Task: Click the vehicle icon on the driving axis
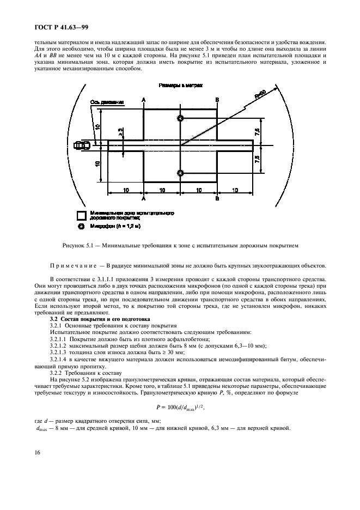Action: (x=84, y=145)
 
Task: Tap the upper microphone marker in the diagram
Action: (x=180, y=118)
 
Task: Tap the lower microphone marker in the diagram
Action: (x=180, y=173)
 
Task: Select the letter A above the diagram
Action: (x=143, y=100)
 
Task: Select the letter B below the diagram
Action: (x=217, y=199)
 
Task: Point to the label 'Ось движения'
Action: (x=107, y=102)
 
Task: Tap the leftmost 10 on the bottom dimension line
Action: (x=125, y=190)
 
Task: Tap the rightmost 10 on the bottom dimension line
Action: (x=235, y=190)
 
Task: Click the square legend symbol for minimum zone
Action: (x=81, y=215)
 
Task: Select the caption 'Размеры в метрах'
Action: (x=180, y=86)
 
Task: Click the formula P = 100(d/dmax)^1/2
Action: (x=180, y=406)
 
